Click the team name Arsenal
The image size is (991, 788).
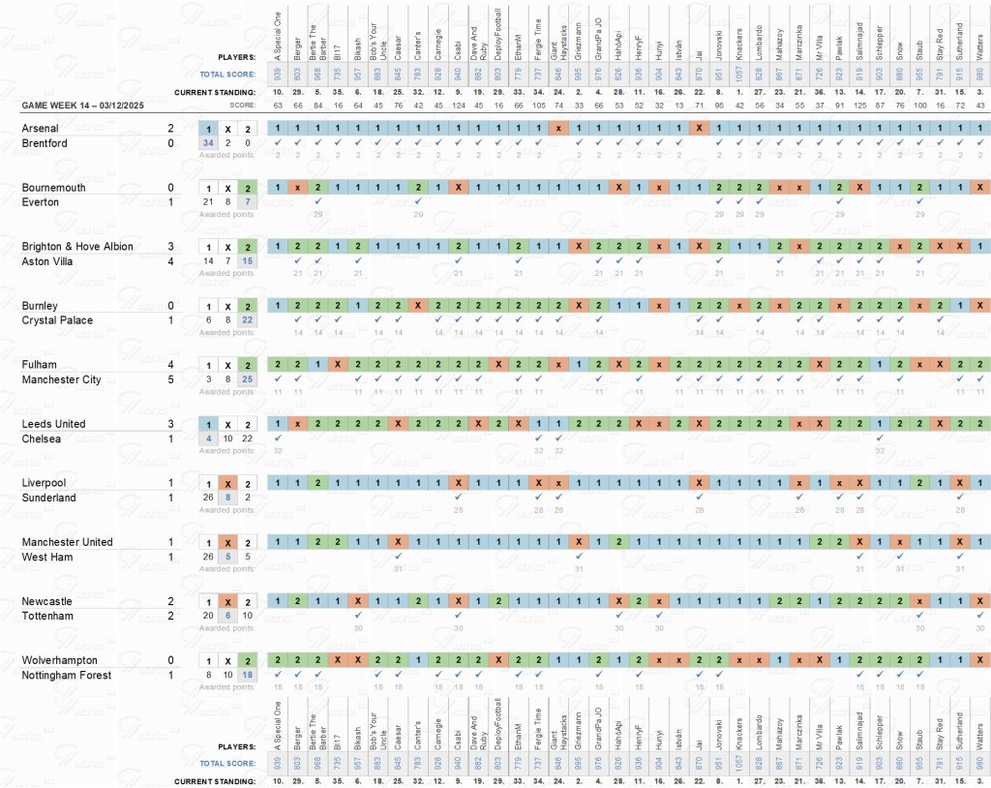pos(41,128)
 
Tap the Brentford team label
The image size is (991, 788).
pos(44,142)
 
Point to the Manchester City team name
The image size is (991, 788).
pos(61,379)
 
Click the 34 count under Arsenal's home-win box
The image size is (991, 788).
pos(207,143)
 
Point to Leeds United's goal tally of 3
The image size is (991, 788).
pos(170,424)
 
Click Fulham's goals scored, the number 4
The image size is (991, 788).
pos(170,365)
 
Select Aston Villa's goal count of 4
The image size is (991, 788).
pos(170,261)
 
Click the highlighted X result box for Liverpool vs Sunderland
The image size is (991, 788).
pos(227,483)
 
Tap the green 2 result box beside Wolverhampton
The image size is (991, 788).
pos(247,660)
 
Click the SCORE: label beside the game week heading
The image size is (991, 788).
pos(242,105)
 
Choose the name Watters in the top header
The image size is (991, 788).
pos(979,40)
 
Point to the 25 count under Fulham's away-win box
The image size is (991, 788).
pos(247,380)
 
